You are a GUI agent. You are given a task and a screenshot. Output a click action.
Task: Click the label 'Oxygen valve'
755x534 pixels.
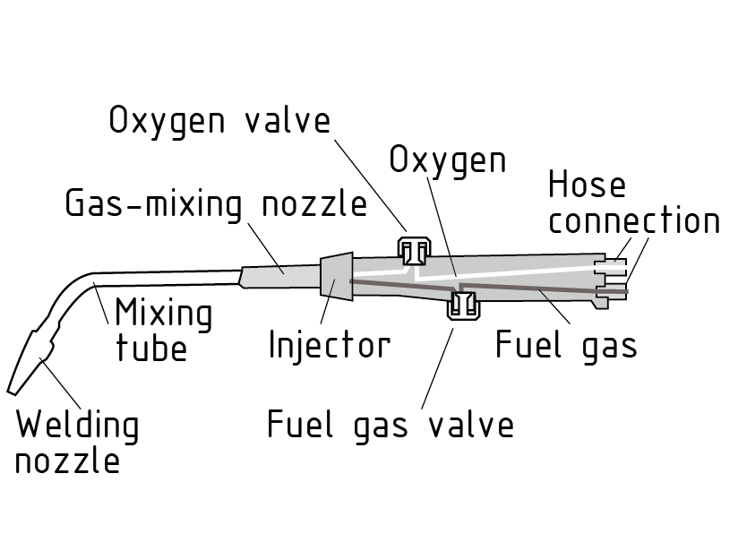(x=219, y=120)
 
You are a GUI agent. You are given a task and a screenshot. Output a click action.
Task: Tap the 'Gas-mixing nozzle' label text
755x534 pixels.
(x=216, y=204)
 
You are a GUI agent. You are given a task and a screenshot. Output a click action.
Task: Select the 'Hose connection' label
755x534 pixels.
(x=633, y=203)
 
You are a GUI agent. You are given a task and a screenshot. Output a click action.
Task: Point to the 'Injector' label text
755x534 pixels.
(x=330, y=343)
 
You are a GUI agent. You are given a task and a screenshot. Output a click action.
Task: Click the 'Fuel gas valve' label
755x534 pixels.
(x=390, y=424)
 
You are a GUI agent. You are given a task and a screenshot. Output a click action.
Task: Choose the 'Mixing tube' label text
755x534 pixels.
(x=164, y=331)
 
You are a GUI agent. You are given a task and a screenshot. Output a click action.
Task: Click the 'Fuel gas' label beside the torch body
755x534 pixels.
(x=566, y=344)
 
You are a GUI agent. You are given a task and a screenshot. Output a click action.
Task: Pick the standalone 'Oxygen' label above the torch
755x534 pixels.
(x=448, y=160)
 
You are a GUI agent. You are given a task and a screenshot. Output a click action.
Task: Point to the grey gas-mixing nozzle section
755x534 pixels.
(x=279, y=275)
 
